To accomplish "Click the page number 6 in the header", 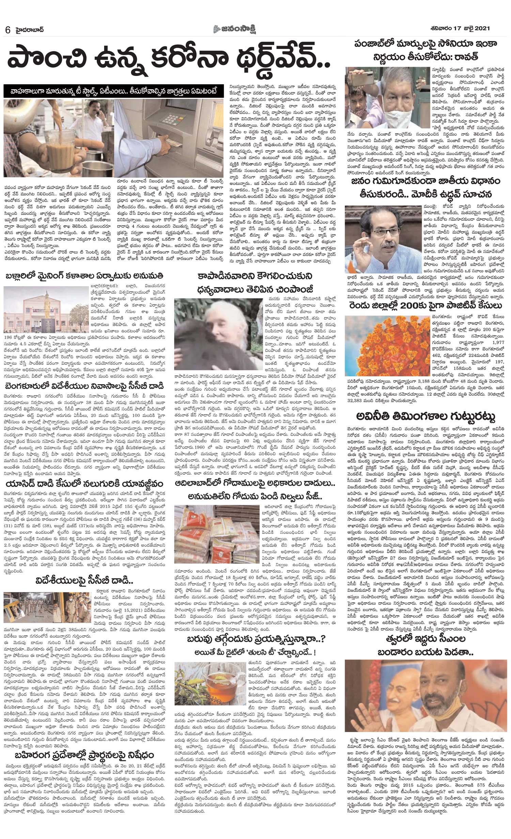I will point(7,29).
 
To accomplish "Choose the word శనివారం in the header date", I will point(439,28).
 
